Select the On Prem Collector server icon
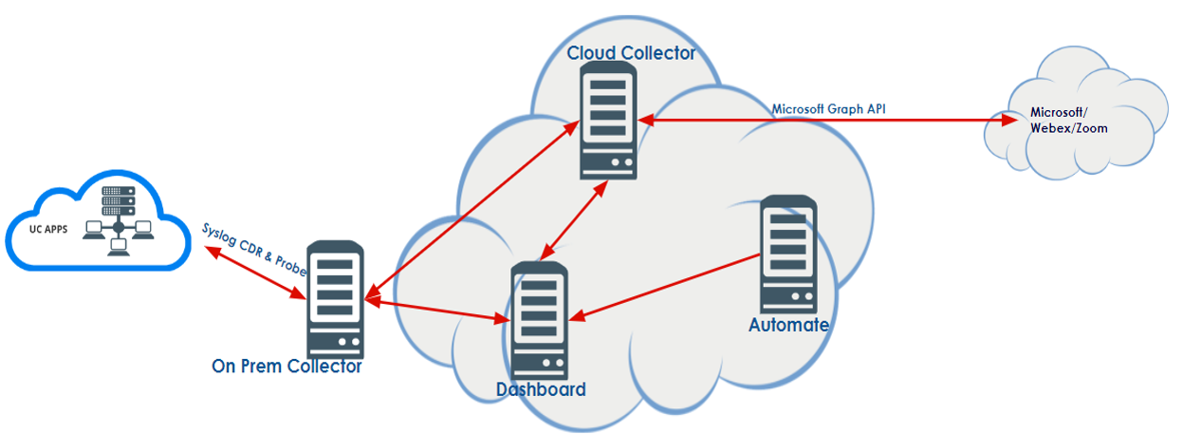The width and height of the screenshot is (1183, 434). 335,299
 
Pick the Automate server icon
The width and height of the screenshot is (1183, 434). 788,255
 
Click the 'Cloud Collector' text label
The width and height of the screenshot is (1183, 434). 631,53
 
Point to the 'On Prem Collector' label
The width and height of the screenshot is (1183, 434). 287,367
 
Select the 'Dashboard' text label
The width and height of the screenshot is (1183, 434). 541,389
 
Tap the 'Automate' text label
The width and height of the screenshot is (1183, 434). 788,325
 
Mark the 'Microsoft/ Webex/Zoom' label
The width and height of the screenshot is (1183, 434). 1068,121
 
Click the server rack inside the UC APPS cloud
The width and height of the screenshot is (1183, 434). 118,201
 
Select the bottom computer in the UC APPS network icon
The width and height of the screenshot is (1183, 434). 118,246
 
